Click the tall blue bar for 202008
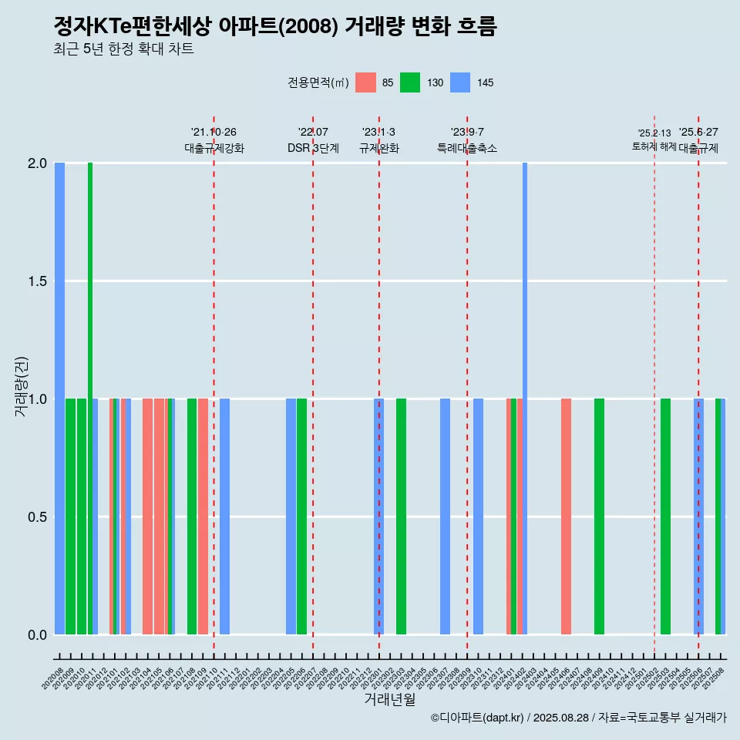coord(59,399)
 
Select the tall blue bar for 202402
coord(525,399)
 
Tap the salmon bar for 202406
coord(566,516)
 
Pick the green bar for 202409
coord(599,516)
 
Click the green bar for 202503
coord(665,516)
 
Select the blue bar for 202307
coord(445,516)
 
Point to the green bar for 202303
coord(401,516)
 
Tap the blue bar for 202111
coord(224,516)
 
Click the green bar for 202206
coord(301,516)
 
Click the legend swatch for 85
coord(365,82)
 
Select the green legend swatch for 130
coord(410,82)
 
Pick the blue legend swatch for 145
coord(459,82)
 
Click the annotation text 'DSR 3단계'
coord(313,148)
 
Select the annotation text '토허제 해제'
coord(654,146)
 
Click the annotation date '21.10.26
coord(214,132)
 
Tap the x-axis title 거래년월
coord(389,700)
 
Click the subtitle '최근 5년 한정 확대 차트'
coord(123,49)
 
